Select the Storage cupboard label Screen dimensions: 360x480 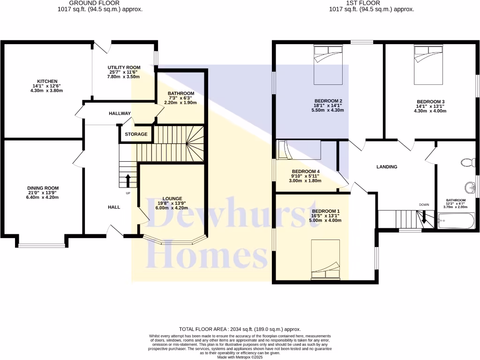[136, 135]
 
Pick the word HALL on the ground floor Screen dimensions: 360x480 [114, 207]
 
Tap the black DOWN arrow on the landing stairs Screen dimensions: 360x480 [424, 217]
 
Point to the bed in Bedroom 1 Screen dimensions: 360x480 [326, 260]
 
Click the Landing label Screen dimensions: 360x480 [387, 166]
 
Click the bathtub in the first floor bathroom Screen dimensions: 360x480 [456, 221]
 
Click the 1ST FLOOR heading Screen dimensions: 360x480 [371, 3]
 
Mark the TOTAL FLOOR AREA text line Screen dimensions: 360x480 [240, 330]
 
